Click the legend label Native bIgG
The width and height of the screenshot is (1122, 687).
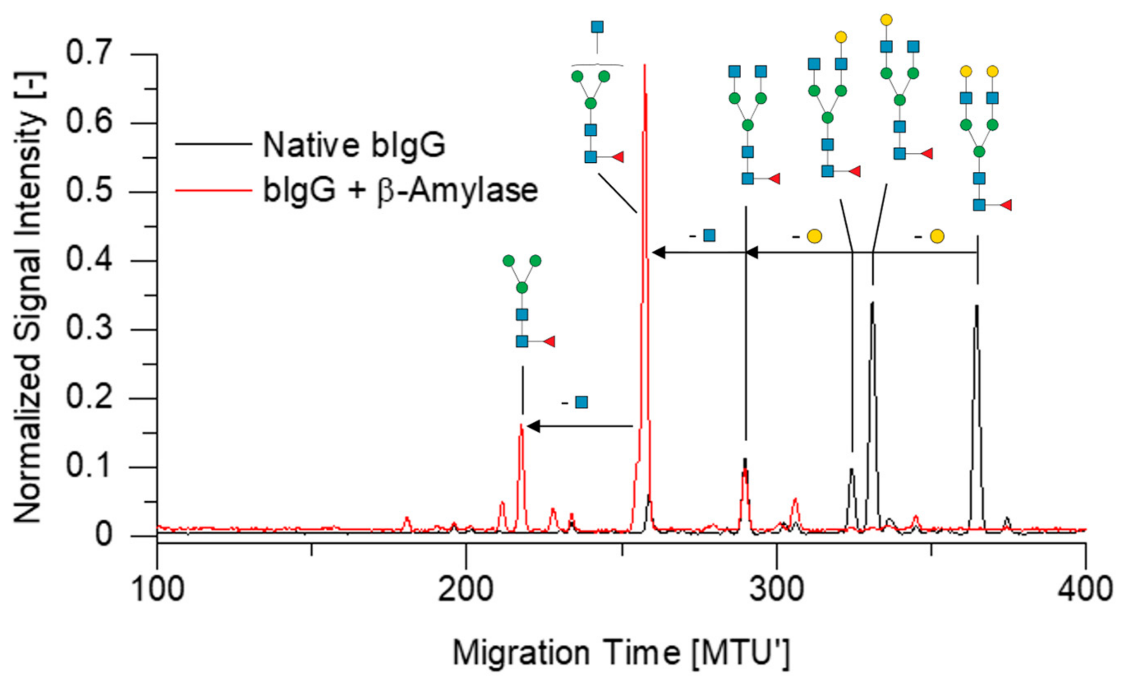click(354, 145)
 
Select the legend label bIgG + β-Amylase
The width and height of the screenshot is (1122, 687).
click(401, 190)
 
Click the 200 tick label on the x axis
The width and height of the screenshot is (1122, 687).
click(465, 589)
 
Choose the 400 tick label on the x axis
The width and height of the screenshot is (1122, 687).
click(1085, 589)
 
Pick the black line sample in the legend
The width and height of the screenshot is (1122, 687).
click(214, 144)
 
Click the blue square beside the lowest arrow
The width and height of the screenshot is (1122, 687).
click(582, 402)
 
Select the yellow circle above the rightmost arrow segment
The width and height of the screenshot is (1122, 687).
click(937, 236)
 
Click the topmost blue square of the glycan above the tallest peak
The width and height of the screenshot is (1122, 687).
click(597, 27)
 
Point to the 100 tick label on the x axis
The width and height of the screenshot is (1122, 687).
click(157, 589)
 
